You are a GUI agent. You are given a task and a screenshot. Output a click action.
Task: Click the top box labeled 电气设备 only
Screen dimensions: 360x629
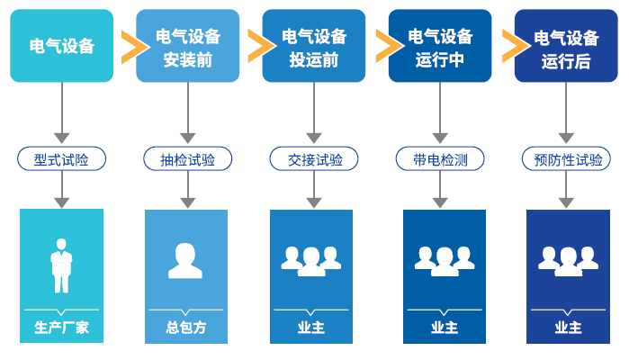pyautogui.click(x=62, y=46)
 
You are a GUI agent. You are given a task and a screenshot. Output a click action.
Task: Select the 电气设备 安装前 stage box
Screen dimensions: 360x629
pyautogui.click(x=188, y=46)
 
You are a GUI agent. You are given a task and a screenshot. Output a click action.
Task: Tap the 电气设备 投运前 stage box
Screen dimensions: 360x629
pyautogui.click(x=313, y=46)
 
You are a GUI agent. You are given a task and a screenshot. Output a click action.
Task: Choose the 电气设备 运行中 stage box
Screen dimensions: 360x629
pyautogui.click(x=439, y=46)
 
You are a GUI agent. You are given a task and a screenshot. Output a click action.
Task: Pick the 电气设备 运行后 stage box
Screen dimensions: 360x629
pyautogui.click(x=565, y=46)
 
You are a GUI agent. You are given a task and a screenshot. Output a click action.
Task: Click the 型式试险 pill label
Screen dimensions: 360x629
pyautogui.click(x=62, y=160)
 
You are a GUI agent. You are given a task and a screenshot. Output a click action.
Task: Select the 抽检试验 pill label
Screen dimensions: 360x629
pyautogui.click(x=188, y=160)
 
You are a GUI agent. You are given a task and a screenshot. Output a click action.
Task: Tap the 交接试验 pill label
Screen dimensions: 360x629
pyautogui.click(x=313, y=160)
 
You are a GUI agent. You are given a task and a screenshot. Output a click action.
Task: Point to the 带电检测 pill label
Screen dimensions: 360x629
pyautogui.click(x=439, y=160)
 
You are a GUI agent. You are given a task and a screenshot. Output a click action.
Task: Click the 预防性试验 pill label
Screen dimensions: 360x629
pyautogui.click(x=565, y=160)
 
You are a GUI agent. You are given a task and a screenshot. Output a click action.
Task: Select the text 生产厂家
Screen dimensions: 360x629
pyautogui.click(x=62, y=328)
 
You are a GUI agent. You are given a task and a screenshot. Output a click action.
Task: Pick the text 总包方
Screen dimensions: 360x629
pyautogui.click(x=186, y=328)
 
